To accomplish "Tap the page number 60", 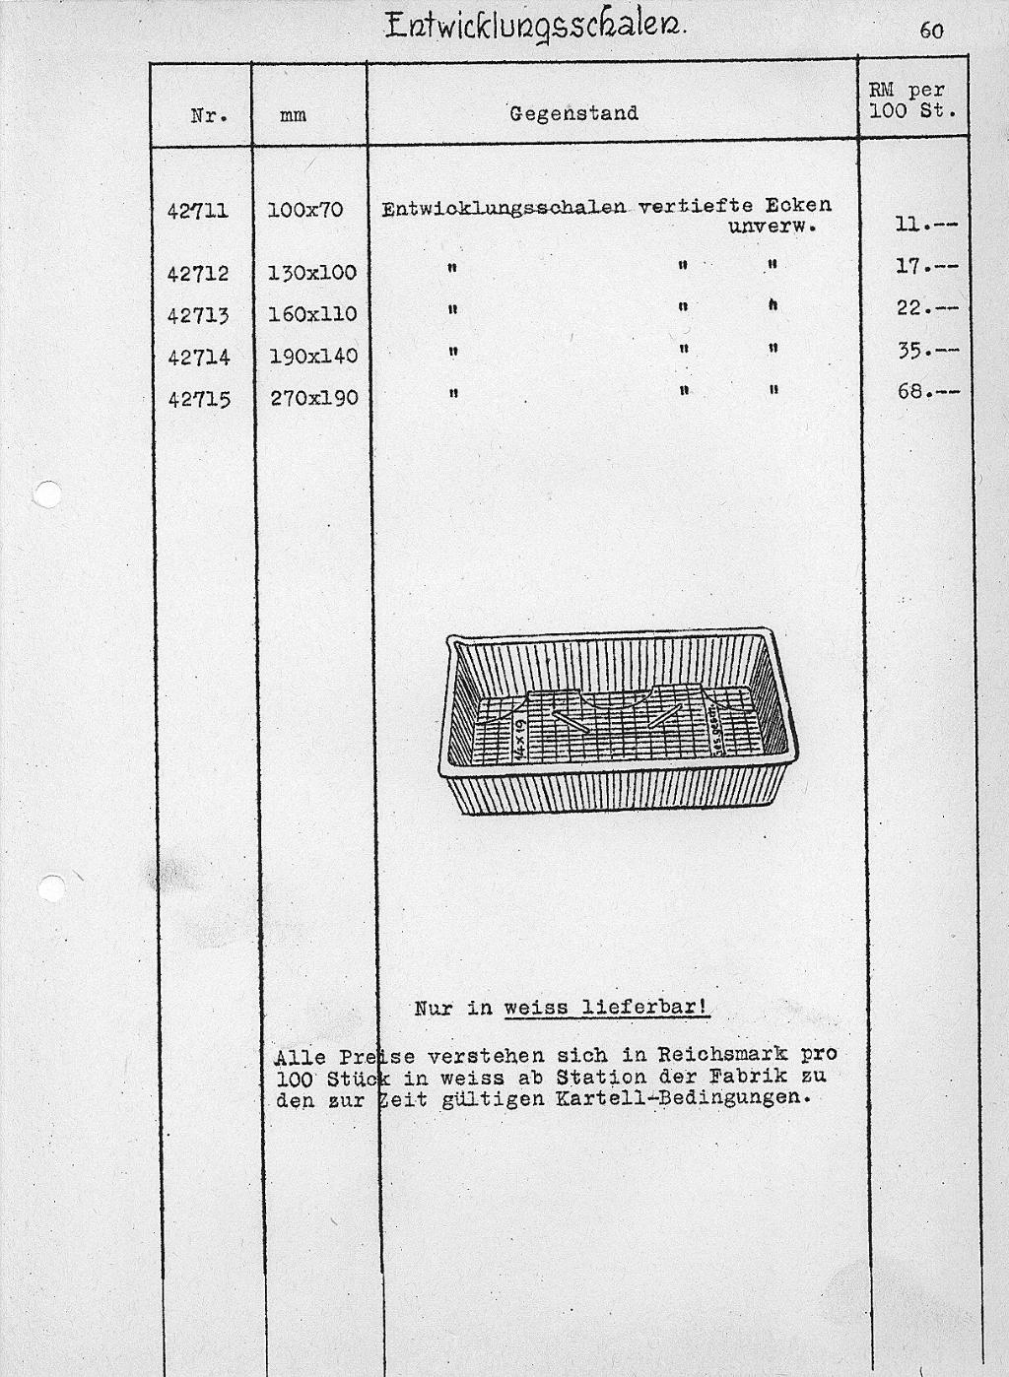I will point(931,31).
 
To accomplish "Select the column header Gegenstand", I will point(573,113).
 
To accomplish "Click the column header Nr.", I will point(209,114).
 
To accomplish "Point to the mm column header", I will point(293,115).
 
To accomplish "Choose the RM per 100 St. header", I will point(912,100).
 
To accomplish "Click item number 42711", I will point(198,210).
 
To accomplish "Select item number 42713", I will point(198,315).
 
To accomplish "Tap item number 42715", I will point(198,399).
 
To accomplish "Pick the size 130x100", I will point(311,273).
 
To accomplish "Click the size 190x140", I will point(311,357).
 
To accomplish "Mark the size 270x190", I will point(311,399).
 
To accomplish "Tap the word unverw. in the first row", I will point(773,226).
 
